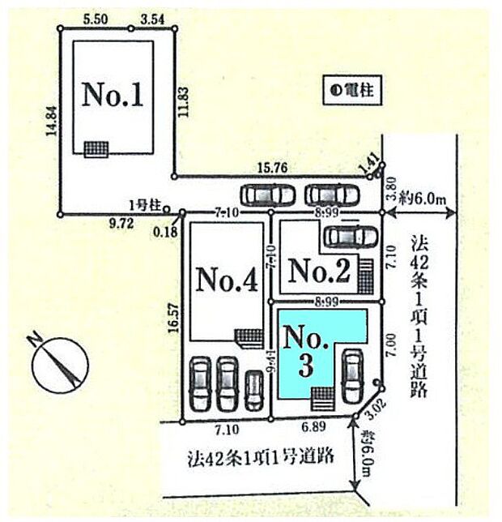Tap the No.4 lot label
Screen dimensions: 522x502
(227, 282)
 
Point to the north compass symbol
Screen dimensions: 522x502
(59, 362)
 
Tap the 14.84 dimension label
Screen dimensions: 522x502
(52, 123)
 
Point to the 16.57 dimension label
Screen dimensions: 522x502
(171, 314)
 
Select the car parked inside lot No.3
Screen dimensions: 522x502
(352, 375)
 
